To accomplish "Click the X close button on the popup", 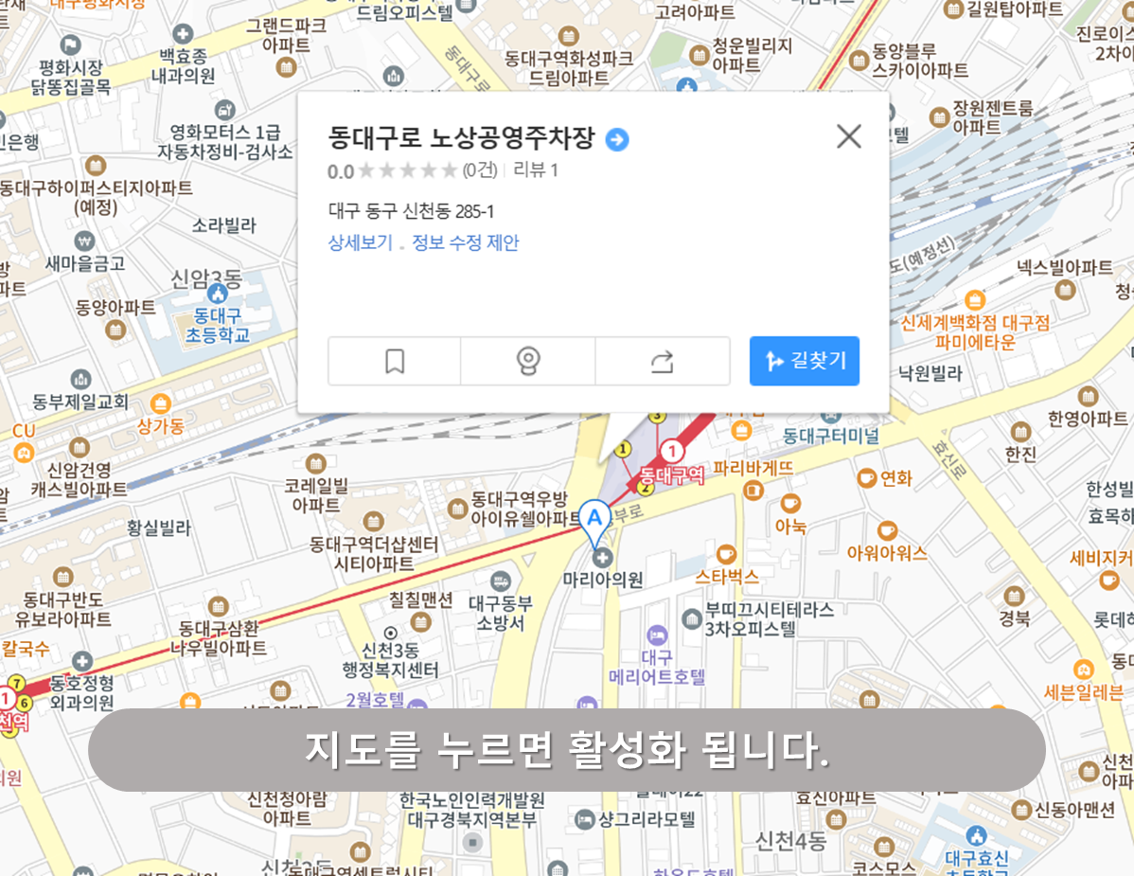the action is (849, 136).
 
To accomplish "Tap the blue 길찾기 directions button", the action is (804, 361).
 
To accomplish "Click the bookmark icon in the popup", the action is (395, 361).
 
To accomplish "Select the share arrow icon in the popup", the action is (663, 361).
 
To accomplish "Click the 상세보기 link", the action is (360, 242).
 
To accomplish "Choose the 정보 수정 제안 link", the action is (466, 242).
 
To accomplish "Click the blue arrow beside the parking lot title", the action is (617, 140).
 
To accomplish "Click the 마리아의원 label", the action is (603, 579).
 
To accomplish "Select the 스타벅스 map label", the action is (727, 575).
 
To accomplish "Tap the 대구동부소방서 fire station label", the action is (501, 612).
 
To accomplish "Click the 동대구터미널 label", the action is (831, 436).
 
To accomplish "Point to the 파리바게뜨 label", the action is (753, 468).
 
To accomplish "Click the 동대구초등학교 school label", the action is (217, 325).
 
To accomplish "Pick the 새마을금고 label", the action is (85, 263).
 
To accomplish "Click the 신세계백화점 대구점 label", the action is (975, 323).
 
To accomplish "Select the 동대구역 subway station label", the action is (672, 474).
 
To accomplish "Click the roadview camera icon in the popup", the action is (528, 361).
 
